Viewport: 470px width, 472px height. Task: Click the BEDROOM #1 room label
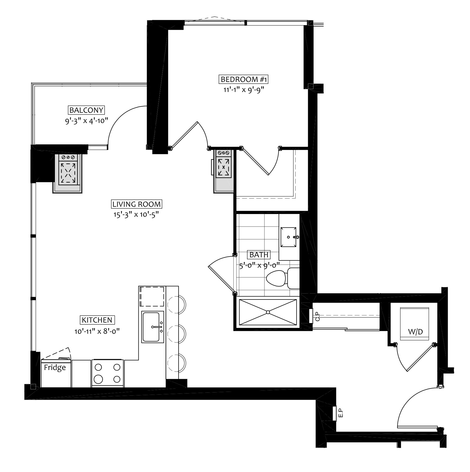coord(244,80)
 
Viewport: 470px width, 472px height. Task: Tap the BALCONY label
coord(86,110)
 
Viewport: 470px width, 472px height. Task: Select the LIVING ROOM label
coord(137,204)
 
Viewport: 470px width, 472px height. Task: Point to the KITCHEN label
coord(97,320)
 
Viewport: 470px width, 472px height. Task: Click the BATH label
coord(259,254)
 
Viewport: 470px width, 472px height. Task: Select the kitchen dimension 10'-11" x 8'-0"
coord(97,331)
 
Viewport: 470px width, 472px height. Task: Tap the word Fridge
coord(55,367)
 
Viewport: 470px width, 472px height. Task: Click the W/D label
coord(415,332)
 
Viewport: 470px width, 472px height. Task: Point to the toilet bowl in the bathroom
coord(276,278)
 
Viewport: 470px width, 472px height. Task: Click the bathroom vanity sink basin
coord(289,237)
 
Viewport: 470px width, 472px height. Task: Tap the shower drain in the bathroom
coord(268,312)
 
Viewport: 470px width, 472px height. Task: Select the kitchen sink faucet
coord(157,327)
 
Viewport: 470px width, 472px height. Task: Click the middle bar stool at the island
coord(177,334)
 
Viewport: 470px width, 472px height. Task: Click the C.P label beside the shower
coord(318,316)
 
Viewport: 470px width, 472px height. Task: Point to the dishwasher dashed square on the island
coord(152,297)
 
